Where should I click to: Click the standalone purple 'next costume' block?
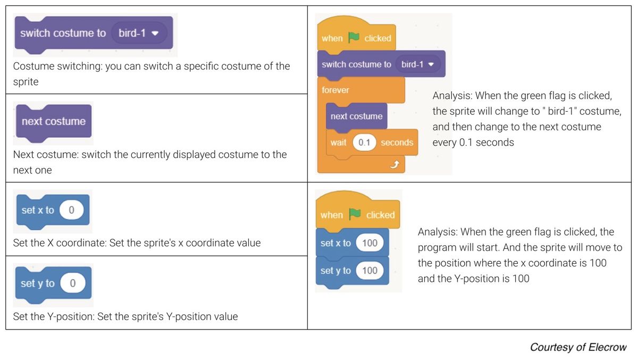54,122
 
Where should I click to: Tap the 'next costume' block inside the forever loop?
357,116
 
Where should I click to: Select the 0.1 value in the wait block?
364,143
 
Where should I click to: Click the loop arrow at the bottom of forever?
394,164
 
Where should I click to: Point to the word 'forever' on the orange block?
335,90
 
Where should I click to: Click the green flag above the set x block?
355,214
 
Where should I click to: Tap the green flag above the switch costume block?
354,37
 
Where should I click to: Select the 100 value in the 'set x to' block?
370,243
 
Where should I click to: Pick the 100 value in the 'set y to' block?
370,270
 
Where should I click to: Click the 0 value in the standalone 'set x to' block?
71,210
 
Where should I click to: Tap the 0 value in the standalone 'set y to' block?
73,283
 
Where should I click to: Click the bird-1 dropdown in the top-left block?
139,33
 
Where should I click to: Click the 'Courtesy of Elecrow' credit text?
578,347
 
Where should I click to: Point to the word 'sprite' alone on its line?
26,82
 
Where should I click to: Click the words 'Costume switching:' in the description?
57,66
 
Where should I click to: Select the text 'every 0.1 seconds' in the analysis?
473,142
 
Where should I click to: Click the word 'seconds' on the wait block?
397,143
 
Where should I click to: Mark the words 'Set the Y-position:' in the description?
54,316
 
